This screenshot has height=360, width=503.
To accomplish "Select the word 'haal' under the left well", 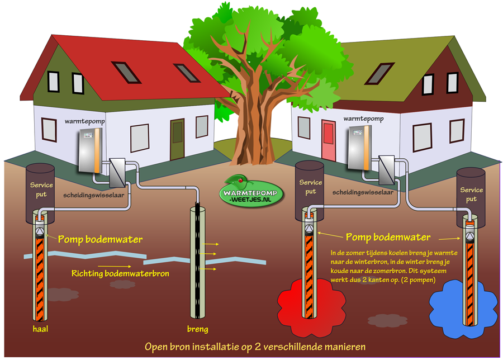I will pos(40,329).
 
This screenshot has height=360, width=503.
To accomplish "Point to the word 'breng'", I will pos(197,329).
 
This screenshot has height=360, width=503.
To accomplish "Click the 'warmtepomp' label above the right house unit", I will pos(363,119).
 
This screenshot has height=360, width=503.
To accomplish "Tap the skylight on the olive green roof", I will pos(383,72).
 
